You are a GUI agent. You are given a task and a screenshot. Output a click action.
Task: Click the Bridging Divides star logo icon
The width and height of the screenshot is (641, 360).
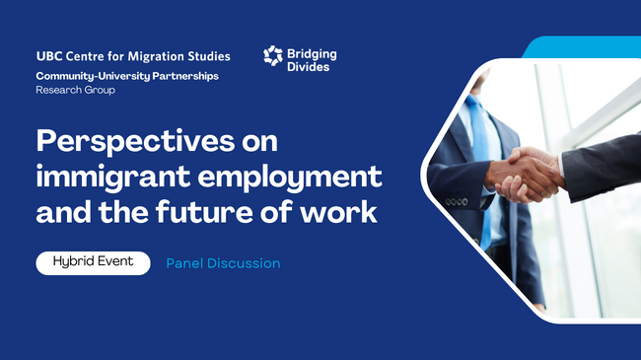273,56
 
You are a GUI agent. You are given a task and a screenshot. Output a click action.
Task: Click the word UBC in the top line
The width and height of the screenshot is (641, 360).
48,57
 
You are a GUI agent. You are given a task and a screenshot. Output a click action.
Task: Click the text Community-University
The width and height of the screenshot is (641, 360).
81,76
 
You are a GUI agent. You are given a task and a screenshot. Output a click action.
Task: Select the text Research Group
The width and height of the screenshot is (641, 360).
75,90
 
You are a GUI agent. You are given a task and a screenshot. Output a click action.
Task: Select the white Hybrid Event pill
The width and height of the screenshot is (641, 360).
94,263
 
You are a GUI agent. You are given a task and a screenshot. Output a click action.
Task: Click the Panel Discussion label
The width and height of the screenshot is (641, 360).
223,263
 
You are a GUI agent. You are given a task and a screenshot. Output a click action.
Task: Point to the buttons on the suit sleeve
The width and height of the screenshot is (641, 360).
457,202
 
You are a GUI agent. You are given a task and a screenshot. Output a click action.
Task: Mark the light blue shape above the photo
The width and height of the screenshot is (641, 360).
582,47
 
